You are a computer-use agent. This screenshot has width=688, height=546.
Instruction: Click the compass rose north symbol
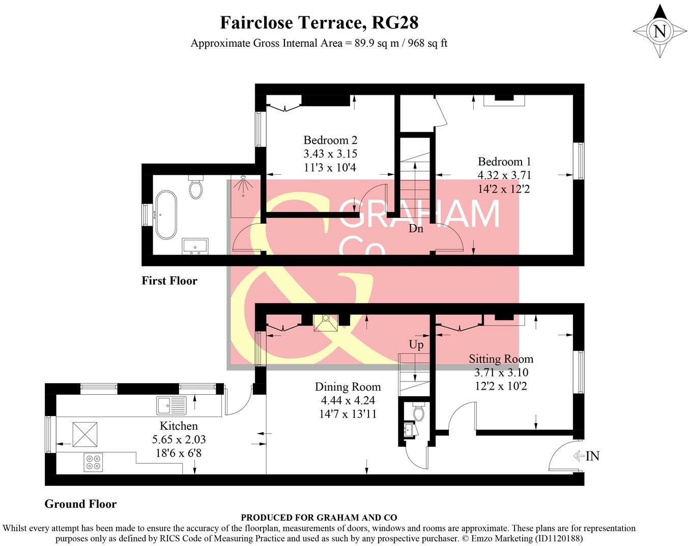[660, 32]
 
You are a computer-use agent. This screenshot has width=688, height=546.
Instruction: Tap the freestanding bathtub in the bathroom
[166, 215]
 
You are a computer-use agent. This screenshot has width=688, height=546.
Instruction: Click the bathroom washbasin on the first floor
[195, 246]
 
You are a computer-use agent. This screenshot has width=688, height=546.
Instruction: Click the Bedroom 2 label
[330, 140]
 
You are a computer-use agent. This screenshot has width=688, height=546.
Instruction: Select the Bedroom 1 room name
[504, 162]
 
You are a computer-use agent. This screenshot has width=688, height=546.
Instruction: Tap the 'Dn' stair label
[416, 229]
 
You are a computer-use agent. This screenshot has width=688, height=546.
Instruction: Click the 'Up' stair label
[416, 345]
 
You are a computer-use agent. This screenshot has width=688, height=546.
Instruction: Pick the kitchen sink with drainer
[172, 405]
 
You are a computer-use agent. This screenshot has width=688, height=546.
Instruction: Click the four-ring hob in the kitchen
[93, 462]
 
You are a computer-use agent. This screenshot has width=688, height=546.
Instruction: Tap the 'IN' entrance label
[592, 456]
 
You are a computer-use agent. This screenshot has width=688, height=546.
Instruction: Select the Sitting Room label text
[501, 359]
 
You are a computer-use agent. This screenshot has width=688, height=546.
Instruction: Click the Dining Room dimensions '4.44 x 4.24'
[346, 400]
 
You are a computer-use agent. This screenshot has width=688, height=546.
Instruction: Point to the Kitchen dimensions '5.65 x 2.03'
[179, 439]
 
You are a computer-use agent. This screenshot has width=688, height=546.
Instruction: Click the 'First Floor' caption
[169, 281]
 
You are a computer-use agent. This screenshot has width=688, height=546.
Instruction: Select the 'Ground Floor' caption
[80, 504]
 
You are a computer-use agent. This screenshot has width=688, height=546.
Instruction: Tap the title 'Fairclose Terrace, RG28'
[319, 23]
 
